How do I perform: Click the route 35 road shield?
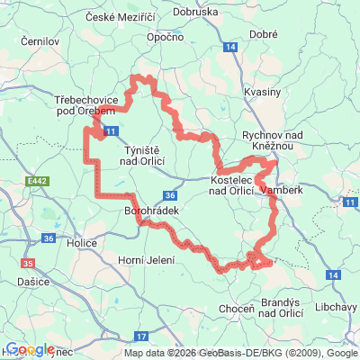[29, 263]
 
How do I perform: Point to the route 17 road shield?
[140, 336]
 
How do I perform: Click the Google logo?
[30, 349]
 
